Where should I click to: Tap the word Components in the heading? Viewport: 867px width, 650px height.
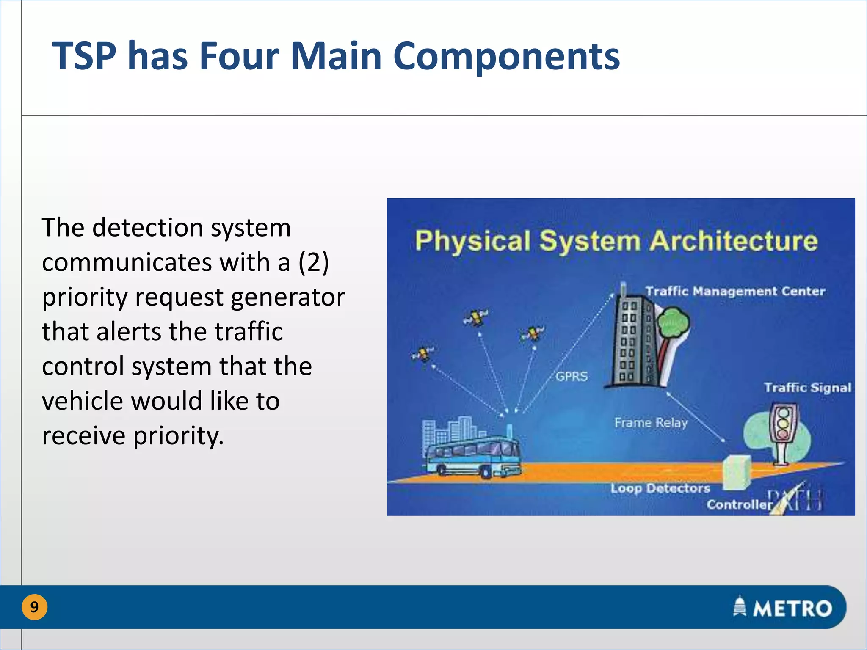506,56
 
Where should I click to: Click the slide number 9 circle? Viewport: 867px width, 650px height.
34,607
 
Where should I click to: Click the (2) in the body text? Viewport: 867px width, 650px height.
313,262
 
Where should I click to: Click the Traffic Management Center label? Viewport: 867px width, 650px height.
735,291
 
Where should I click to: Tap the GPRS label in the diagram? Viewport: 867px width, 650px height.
572,376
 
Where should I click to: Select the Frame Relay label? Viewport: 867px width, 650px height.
651,422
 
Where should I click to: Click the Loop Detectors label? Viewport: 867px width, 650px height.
660,488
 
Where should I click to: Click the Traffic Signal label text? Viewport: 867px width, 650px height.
807,388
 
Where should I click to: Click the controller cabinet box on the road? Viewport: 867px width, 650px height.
737,472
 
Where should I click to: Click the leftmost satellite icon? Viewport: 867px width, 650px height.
422,353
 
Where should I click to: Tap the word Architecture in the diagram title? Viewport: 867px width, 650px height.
734,241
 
